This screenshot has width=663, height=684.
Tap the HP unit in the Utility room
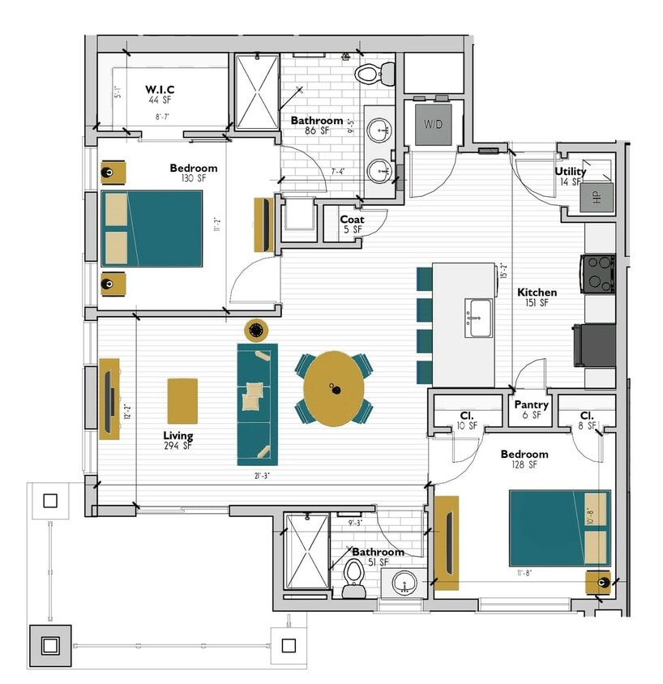[x=596, y=197]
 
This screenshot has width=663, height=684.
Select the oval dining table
[x=334, y=388]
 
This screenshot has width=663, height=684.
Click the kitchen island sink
[x=479, y=315]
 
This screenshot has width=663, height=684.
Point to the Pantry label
[x=532, y=405]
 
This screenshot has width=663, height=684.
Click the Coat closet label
[x=352, y=220]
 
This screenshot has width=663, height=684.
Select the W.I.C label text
[x=160, y=89]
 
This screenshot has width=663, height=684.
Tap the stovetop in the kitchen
[x=598, y=273]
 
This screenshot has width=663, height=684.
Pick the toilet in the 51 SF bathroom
[x=353, y=575]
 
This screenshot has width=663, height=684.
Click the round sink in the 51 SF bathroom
[x=403, y=583]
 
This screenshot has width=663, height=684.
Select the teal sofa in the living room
[x=257, y=404]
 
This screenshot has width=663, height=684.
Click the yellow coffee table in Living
[x=182, y=400]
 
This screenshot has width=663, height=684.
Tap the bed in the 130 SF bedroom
[x=152, y=229]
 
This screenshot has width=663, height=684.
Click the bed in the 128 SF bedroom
[x=559, y=528]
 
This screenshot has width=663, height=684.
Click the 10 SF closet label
[x=467, y=420]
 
